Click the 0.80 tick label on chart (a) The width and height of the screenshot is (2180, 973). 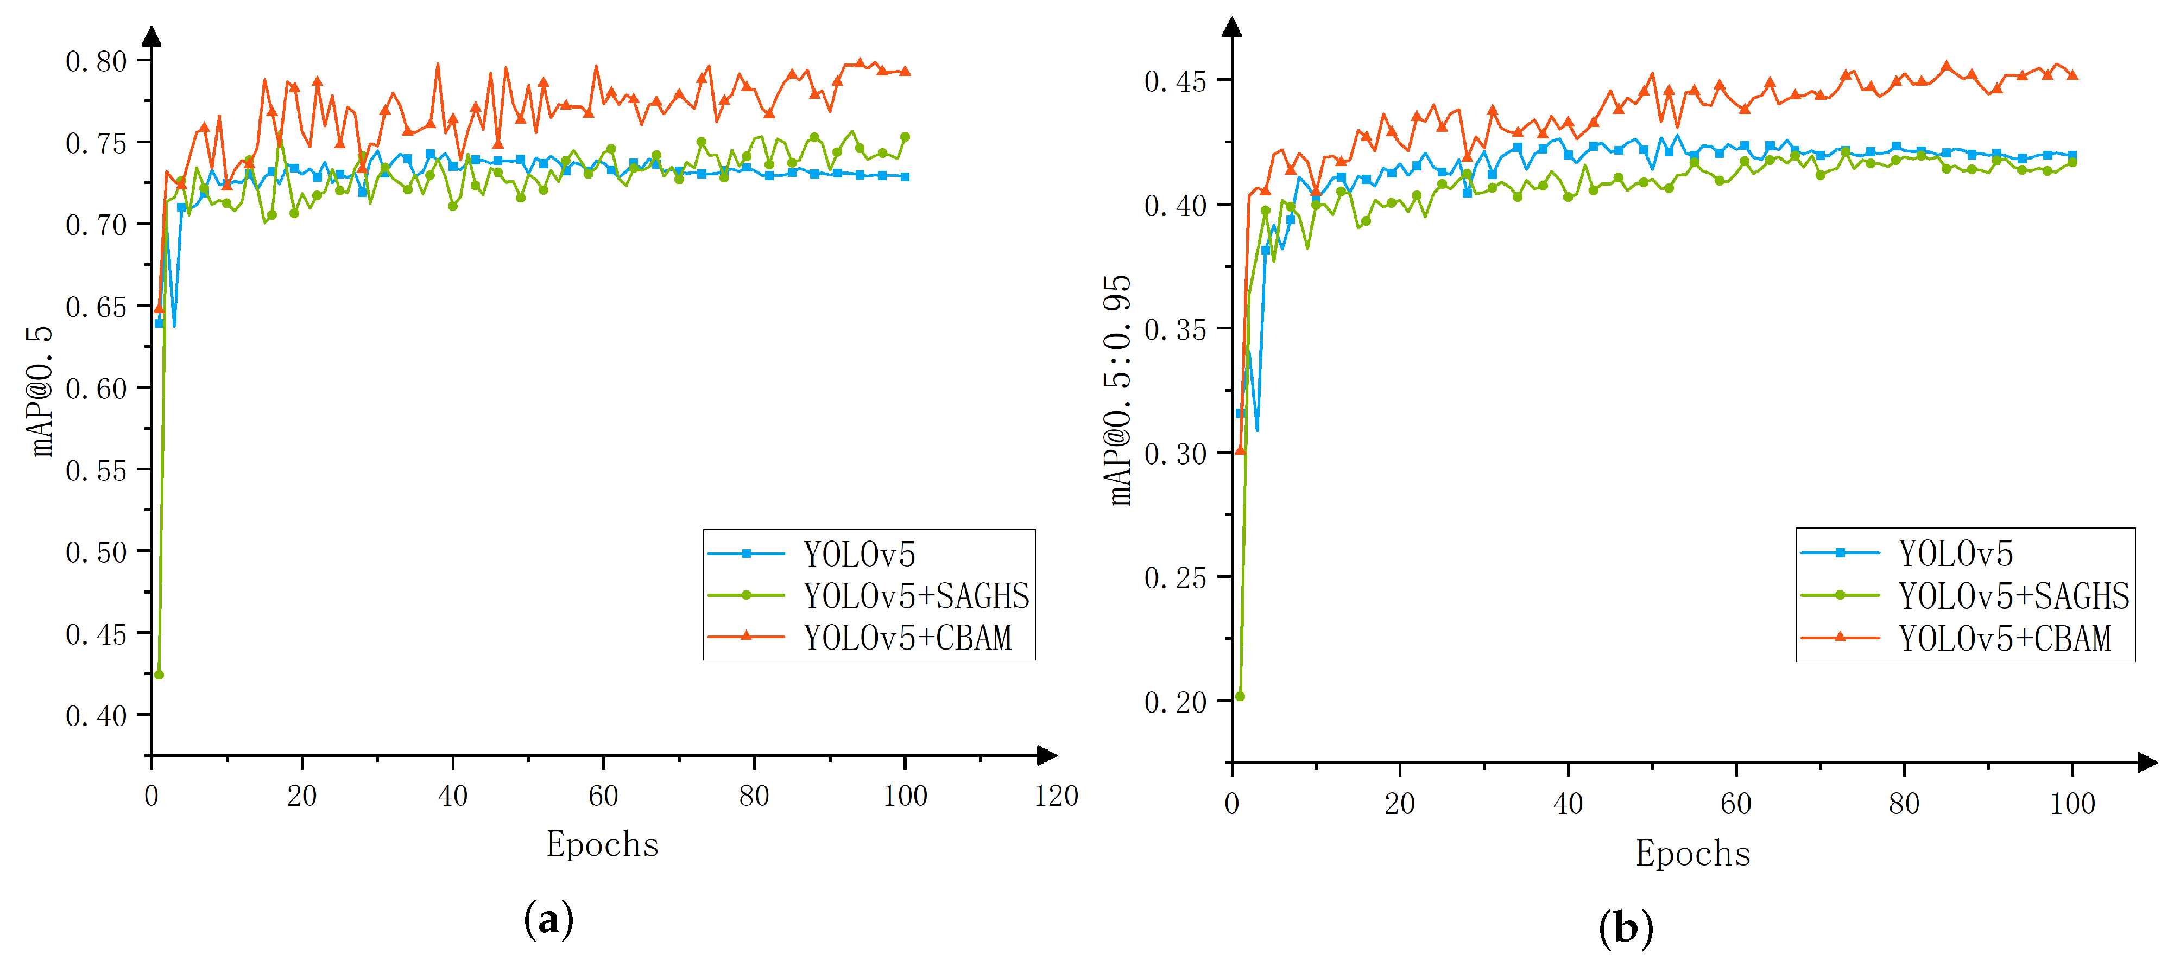pos(96,62)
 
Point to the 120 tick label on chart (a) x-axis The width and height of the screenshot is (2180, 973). pos(1056,796)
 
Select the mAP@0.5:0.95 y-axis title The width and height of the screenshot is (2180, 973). pos(1118,390)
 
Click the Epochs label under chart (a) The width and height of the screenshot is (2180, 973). pos(602,844)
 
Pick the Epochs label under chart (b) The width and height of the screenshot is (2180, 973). pos(1692,853)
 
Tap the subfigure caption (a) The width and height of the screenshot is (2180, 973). pos(548,920)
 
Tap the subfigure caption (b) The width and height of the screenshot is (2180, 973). pos(1625,928)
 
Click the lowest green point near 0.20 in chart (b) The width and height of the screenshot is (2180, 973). pos(1240,696)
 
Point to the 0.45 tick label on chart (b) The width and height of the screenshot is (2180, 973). pos(1174,82)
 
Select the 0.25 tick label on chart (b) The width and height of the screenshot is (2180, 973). pos(1174,578)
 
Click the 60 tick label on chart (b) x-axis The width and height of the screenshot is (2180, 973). pos(1736,804)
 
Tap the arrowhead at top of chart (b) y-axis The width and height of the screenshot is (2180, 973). pos(1232,27)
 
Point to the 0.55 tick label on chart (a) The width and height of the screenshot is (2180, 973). pos(96,471)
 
